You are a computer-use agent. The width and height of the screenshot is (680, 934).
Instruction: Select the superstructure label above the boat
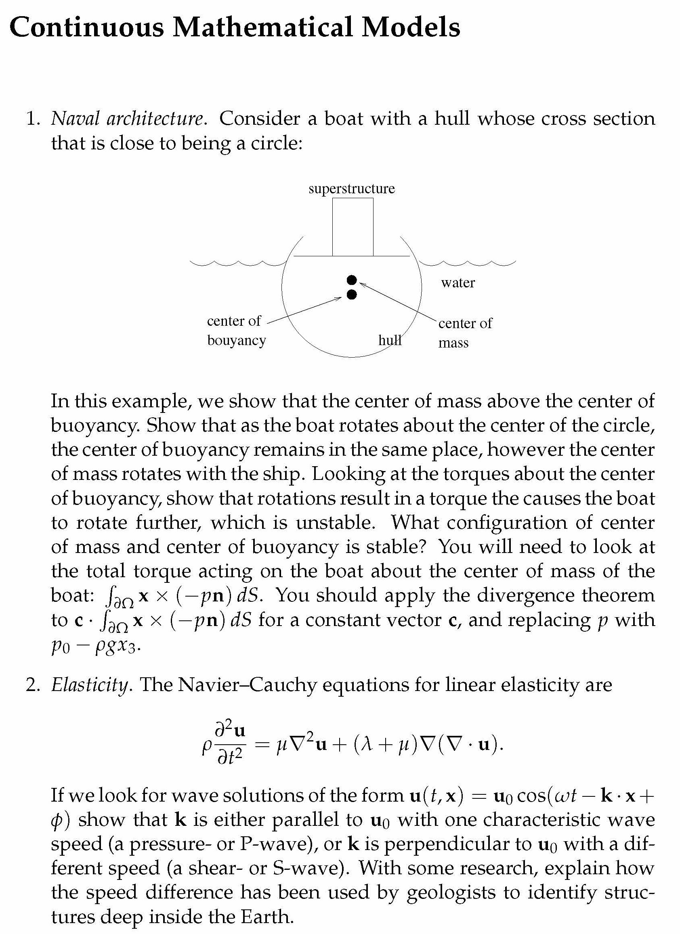point(351,188)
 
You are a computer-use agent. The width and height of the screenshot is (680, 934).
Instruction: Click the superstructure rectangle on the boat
point(353,227)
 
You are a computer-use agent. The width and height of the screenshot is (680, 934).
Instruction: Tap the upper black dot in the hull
point(351,280)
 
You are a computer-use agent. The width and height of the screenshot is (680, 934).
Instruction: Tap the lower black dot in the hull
point(351,295)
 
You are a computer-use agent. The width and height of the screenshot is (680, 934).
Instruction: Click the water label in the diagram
point(458,283)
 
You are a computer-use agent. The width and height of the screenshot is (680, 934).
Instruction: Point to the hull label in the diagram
point(390,340)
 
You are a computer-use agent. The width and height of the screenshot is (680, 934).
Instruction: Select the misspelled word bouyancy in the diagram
point(236,341)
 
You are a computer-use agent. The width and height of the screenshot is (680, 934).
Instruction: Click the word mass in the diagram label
point(453,343)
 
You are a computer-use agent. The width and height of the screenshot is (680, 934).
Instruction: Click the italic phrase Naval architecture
point(127,119)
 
